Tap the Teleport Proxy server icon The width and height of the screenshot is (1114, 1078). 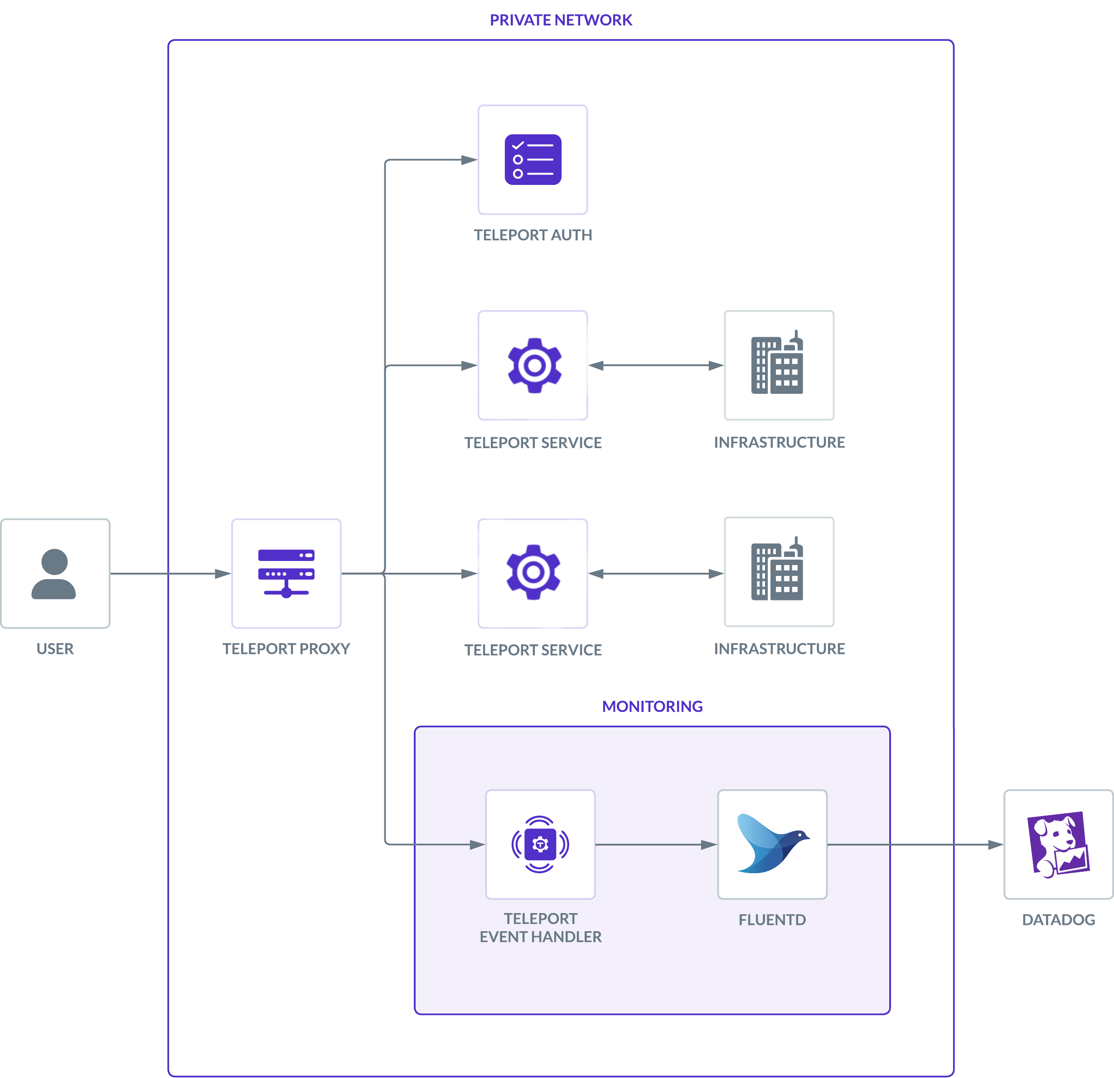[286, 573]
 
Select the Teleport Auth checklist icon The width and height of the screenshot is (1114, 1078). [533, 160]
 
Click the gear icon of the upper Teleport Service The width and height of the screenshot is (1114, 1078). [534, 365]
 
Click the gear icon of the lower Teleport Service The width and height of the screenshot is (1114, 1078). [533, 572]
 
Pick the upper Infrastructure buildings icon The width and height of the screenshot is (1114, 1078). [778, 364]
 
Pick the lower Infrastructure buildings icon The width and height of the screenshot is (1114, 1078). [778, 571]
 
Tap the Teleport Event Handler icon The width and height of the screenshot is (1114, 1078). [540, 845]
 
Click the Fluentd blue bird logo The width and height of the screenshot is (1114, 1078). [772, 844]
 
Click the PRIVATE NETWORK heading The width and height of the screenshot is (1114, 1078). [561, 20]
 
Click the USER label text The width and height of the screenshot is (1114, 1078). [55, 648]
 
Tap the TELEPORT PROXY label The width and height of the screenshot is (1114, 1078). [286, 648]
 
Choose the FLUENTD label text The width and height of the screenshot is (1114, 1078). [772, 919]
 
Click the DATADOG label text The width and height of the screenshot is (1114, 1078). [1058, 919]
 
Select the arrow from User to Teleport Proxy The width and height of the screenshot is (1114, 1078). [170, 574]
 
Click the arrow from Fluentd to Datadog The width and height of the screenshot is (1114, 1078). [915, 845]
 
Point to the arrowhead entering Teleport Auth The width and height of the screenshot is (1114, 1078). [469, 160]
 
